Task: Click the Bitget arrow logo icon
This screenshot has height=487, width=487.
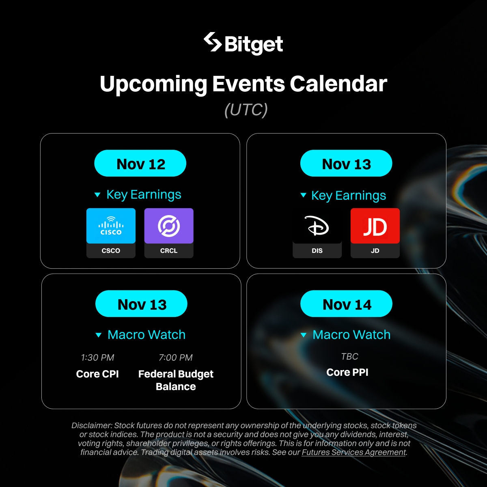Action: coord(213,42)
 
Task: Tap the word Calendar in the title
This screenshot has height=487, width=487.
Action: coord(338,84)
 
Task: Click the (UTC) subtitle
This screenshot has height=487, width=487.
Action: coord(246,110)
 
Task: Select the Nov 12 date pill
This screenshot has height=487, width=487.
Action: coord(140,163)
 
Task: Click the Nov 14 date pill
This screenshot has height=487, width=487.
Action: coord(346,304)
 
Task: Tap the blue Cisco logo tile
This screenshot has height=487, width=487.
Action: coord(111,226)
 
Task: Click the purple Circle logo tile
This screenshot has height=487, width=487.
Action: coord(169,226)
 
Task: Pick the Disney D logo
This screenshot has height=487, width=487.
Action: coord(317,225)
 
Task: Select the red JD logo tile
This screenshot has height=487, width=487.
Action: coord(375,226)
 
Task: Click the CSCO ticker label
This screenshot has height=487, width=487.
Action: coord(111,251)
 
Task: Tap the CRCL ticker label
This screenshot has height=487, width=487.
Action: coord(168,251)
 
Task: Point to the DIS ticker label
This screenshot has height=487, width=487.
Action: coord(317,251)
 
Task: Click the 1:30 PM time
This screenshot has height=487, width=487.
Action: coord(97,358)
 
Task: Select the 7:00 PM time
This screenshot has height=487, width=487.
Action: coord(176,358)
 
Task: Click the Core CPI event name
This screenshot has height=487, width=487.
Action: coord(97,374)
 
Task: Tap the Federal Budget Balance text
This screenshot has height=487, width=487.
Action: coord(176,380)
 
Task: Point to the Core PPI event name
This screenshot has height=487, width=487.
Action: coord(347,372)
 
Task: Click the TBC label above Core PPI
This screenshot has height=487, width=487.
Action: coord(349,356)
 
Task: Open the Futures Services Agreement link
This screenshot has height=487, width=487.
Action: coord(353,452)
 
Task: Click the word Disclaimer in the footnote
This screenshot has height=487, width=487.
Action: coord(92,425)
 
